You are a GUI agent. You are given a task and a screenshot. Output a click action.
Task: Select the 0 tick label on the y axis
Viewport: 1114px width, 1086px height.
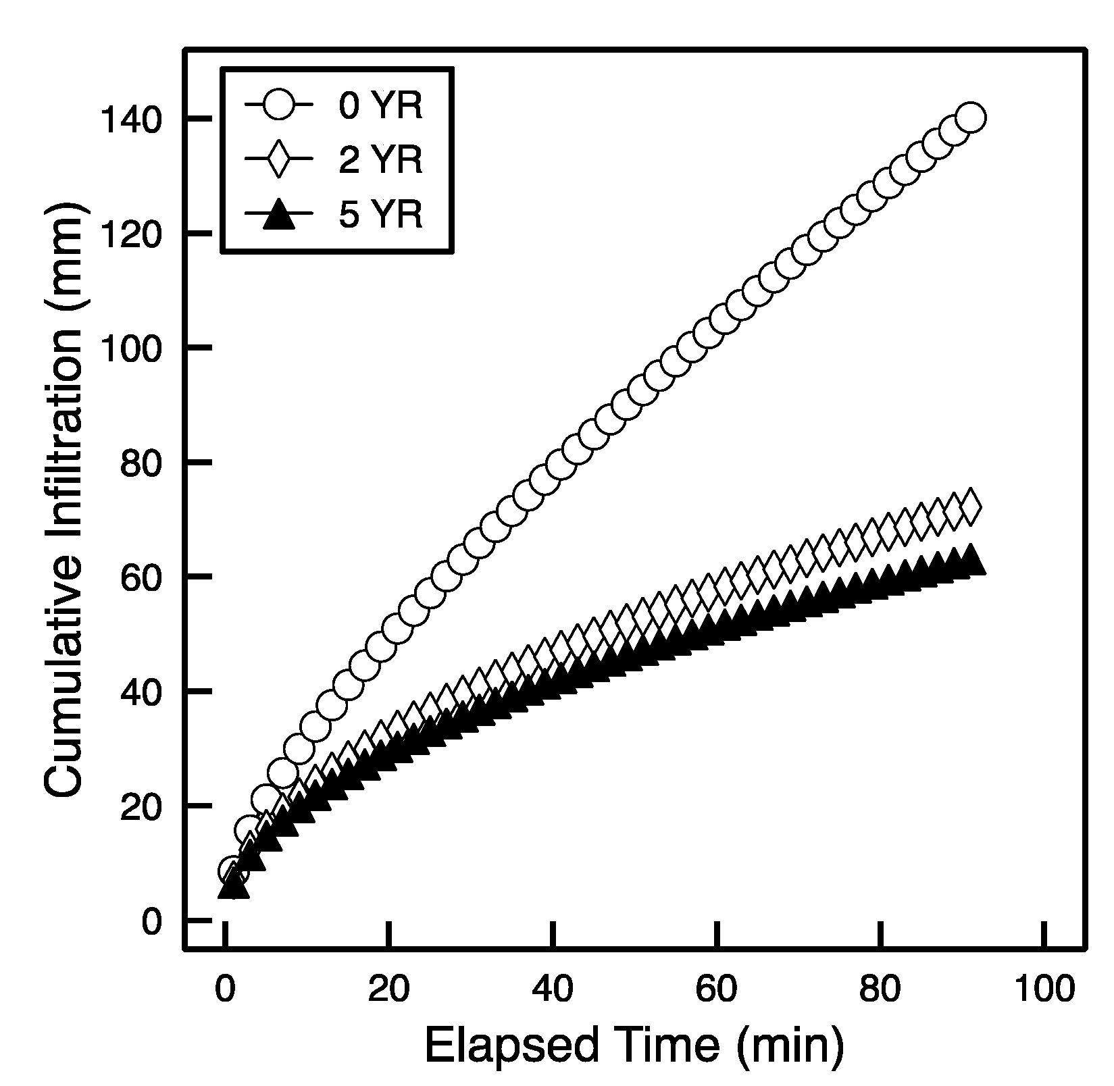pos(152,921)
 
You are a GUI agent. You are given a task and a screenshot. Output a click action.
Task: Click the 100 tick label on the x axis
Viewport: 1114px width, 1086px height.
pos(1044,990)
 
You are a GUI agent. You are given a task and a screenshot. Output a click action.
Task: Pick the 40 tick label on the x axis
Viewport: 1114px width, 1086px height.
pos(553,990)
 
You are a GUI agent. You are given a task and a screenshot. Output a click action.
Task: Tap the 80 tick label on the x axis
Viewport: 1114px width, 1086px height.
pos(880,990)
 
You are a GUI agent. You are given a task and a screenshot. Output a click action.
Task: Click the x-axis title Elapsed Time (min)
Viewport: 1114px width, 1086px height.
pos(634,1047)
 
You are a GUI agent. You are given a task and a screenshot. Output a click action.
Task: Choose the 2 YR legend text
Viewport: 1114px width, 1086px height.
pos(380,160)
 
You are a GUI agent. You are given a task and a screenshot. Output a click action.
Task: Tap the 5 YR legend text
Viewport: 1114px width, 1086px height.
pos(380,215)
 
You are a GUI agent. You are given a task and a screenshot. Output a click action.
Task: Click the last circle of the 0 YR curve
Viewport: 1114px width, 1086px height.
pos(971,118)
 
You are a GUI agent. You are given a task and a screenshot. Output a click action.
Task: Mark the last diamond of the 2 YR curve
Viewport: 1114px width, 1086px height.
pos(971,507)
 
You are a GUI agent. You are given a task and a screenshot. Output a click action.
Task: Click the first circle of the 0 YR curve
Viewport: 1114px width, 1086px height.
pos(233,871)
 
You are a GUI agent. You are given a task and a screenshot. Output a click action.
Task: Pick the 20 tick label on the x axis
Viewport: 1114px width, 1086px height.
pos(388,990)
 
